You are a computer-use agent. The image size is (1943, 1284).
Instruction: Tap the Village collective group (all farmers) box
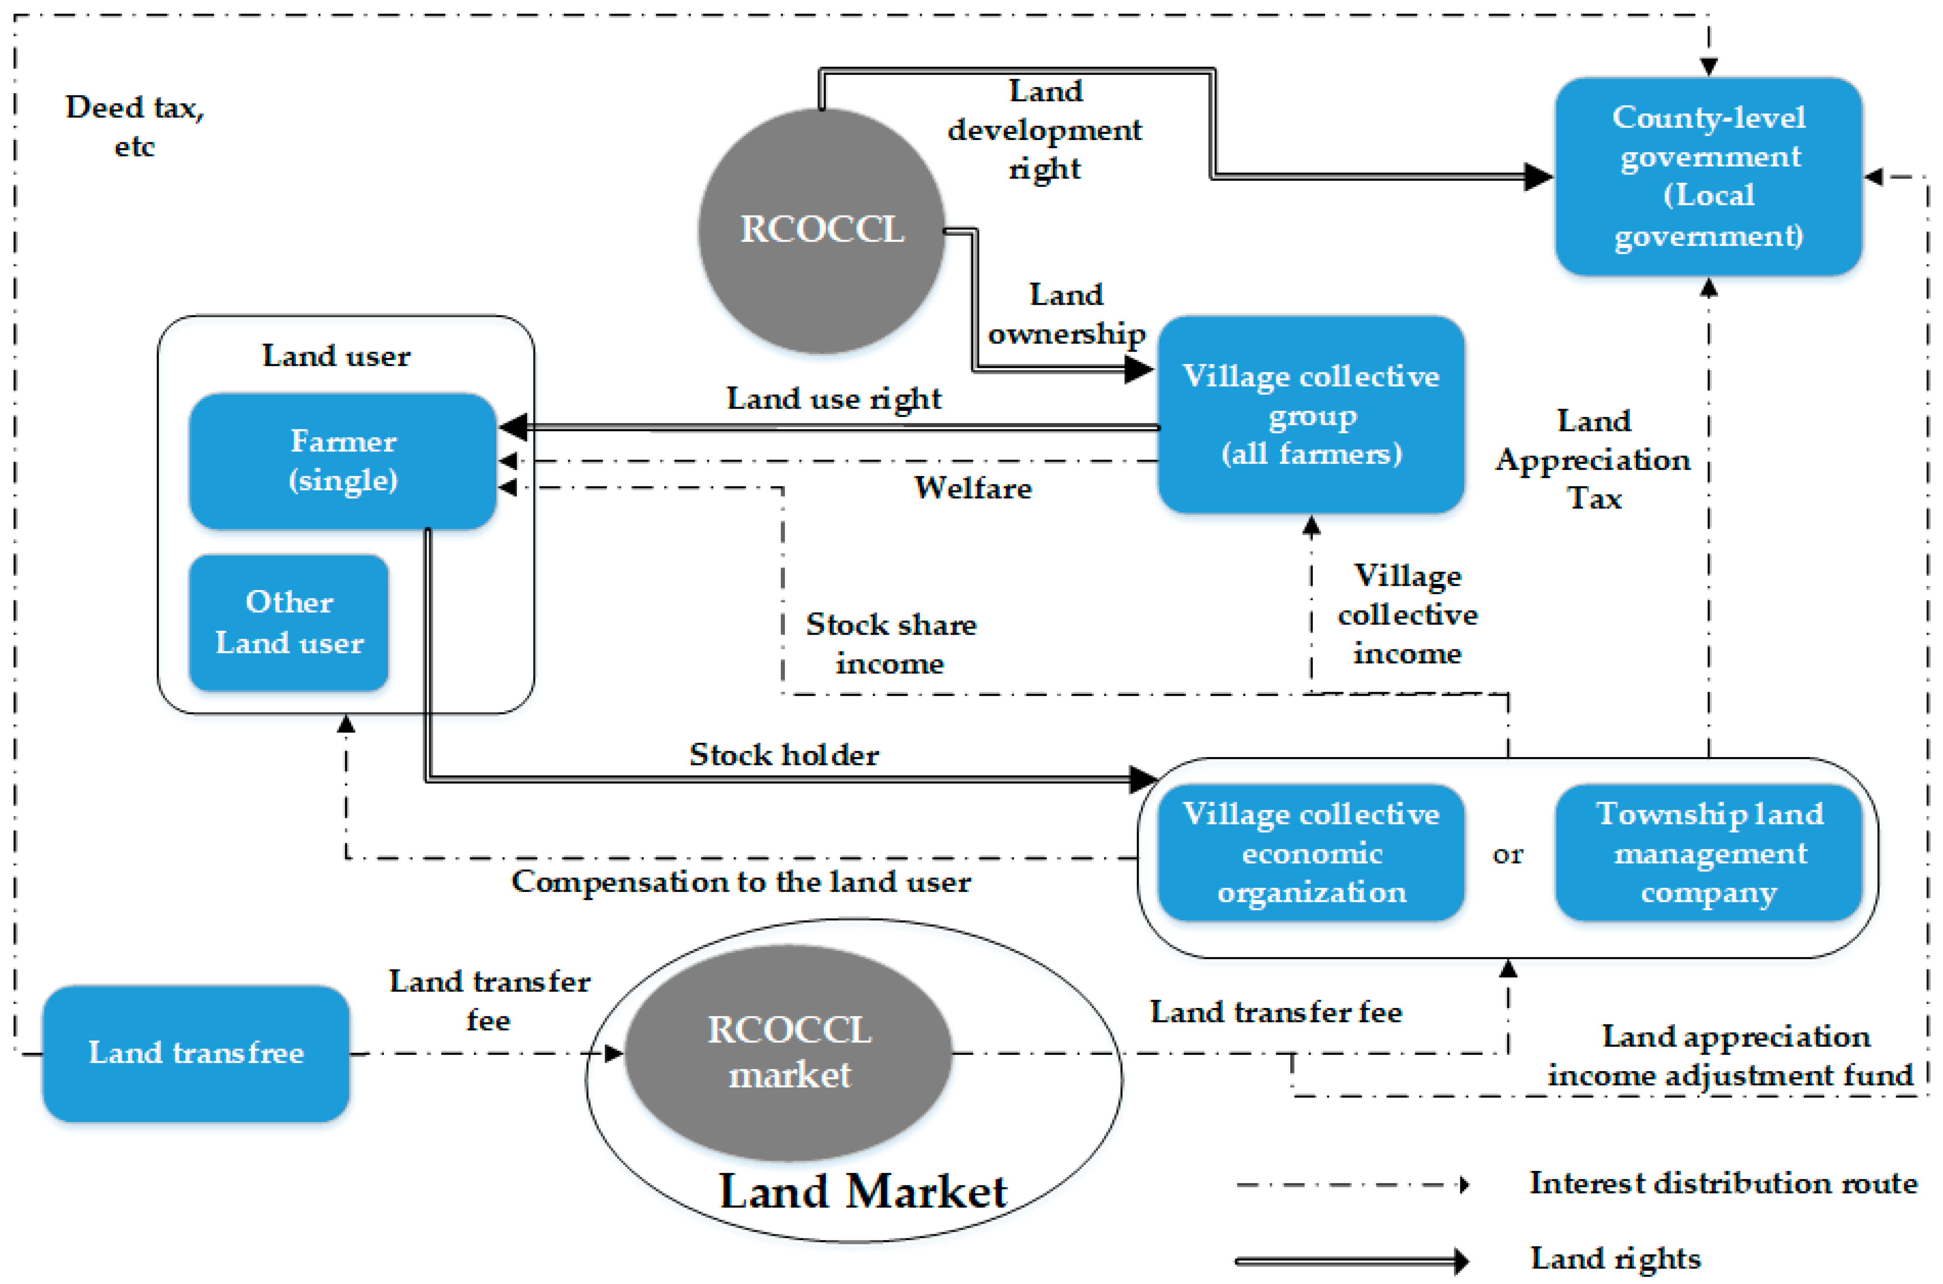1311,414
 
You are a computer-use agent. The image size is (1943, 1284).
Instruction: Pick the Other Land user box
288,622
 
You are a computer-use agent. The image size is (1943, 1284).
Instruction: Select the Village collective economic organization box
1311,852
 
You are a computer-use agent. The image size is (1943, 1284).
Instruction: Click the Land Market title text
862,1192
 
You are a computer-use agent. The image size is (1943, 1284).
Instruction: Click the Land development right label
1044,129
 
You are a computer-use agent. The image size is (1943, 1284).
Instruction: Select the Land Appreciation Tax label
1593,459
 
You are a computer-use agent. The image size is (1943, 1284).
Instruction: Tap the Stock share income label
891,644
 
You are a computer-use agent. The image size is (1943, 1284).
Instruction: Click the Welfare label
973,488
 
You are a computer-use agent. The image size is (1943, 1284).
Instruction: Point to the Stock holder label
784,754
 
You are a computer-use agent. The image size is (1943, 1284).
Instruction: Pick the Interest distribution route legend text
1723,1183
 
